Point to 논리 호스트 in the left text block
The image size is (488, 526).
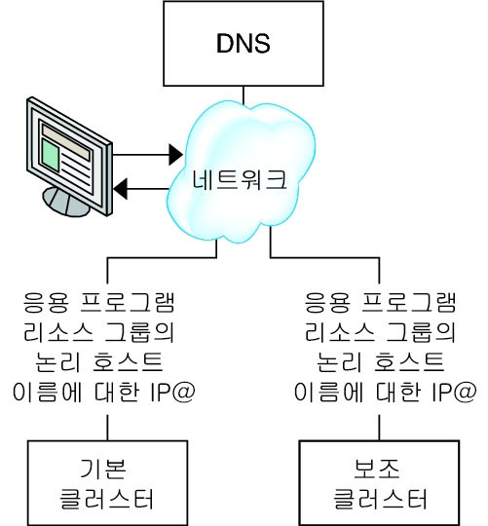point(104,361)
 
